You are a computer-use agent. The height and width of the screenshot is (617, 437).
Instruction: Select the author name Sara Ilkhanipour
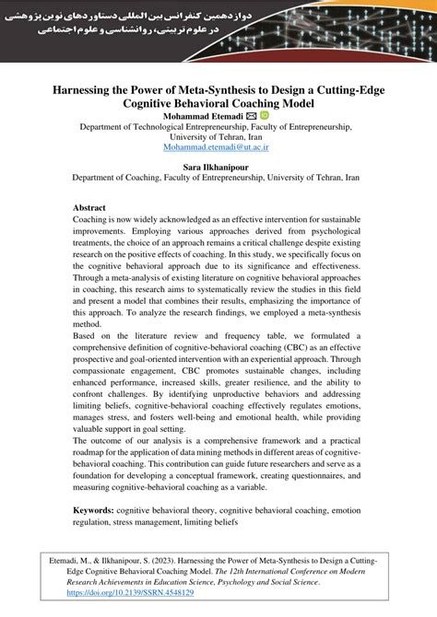218,169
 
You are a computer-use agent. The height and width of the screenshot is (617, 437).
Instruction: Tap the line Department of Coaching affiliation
218,181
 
